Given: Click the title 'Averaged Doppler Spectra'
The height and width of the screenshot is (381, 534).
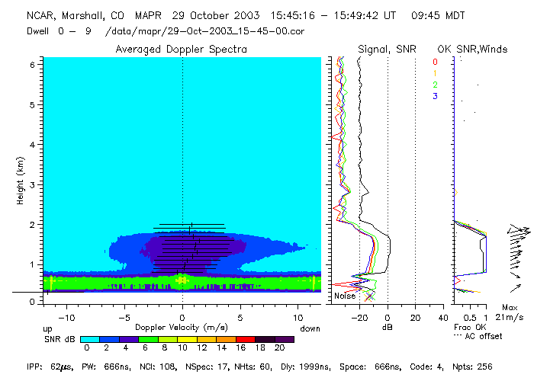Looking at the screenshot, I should (181, 49).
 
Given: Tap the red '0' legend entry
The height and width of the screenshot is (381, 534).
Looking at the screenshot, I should (435, 62).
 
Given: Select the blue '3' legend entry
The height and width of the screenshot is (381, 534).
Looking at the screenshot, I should (435, 96).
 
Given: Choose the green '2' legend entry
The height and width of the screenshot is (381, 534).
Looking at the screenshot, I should (435, 85).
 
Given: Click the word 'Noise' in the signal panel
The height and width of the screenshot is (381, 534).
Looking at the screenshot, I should (345, 296).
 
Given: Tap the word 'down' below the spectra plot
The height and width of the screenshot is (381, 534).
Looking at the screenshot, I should (310, 328).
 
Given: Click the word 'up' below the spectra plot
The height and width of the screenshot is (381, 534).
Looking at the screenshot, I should (47, 328).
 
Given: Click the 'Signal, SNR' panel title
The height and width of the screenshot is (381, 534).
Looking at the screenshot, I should (385, 49).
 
